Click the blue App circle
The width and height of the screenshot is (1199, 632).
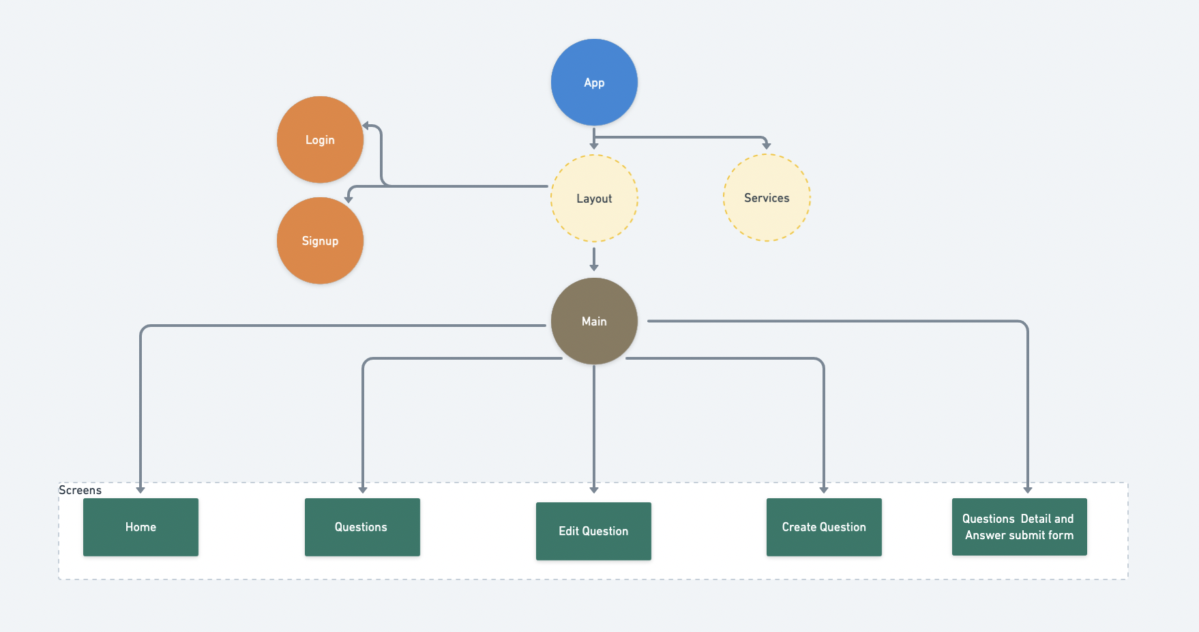pyautogui.click(x=594, y=82)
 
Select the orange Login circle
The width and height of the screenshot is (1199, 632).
pyautogui.click(x=320, y=139)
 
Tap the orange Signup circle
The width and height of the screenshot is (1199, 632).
pyautogui.click(x=320, y=240)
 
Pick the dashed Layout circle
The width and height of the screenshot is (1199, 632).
pyautogui.click(x=594, y=198)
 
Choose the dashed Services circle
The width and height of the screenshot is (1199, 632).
pyautogui.click(x=767, y=197)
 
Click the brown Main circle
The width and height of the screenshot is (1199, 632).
pyautogui.click(x=594, y=321)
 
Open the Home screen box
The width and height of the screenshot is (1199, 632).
pyautogui.click(x=140, y=527)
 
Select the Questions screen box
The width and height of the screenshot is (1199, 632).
pyautogui.click(x=362, y=527)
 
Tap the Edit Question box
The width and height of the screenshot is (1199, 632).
pyautogui.click(x=593, y=531)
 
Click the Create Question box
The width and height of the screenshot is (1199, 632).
pyautogui.click(x=824, y=527)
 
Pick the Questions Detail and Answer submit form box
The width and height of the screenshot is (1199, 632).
pyautogui.click(x=1019, y=527)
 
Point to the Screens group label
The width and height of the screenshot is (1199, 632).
pyautogui.click(x=80, y=490)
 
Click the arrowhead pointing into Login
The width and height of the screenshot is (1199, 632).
pyautogui.click(x=366, y=126)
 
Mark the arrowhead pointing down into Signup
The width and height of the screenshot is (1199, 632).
pyautogui.click(x=349, y=199)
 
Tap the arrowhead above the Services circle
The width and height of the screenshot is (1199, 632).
pyautogui.click(x=767, y=145)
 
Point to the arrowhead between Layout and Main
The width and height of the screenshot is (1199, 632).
pyautogui.click(x=594, y=267)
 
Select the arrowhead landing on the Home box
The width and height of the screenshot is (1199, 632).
pyautogui.click(x=140, y=489)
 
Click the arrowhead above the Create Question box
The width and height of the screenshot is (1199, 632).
pyautogui.click(x=824, y=489)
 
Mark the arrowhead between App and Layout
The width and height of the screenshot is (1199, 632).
pyautogui.click(x=594, y=145)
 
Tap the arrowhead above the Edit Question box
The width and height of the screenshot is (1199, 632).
pyautogui.click(x=594, y=489)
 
